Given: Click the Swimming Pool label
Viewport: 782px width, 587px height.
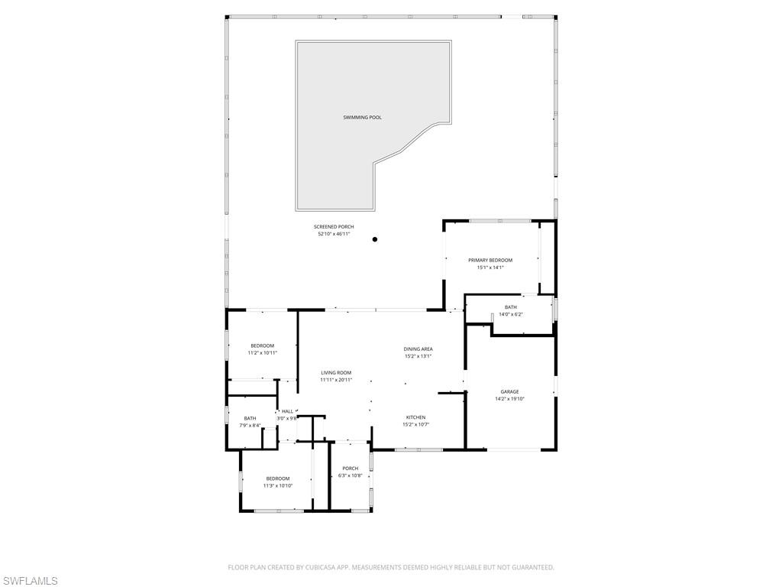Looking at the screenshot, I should coord(362,118).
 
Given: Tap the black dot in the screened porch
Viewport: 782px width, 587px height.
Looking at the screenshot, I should coord(375,239).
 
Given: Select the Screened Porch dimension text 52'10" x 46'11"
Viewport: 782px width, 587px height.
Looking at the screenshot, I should coord(334,234).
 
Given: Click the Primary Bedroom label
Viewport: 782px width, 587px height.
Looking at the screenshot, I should coord(490,260).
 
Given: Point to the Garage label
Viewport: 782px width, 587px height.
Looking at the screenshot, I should coord(509,391).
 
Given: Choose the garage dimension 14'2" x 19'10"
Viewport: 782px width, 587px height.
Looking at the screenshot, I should coord(509,398).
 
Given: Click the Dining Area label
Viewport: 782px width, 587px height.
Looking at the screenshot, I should coord(418,349).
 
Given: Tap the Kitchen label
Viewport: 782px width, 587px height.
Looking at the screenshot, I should coord(415,417).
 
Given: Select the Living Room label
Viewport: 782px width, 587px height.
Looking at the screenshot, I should coord(336,372).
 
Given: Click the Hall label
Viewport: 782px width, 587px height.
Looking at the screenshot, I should coord(287,411).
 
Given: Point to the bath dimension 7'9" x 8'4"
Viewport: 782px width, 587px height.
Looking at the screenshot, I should coord(250,425).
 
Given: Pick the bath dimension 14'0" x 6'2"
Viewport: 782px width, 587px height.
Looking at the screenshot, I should coord(510,314).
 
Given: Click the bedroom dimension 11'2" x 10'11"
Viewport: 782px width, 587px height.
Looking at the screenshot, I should coord(262,353).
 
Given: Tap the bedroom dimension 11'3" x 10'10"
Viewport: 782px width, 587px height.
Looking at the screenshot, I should coord(278,485).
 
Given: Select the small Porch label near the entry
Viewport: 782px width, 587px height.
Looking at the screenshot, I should coord(350,469).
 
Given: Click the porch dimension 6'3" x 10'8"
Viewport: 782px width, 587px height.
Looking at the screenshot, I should coord(350,475).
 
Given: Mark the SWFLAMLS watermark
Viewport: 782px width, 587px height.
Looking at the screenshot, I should coord(31,581).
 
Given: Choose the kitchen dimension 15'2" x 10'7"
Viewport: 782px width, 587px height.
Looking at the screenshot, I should coord(415,424).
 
